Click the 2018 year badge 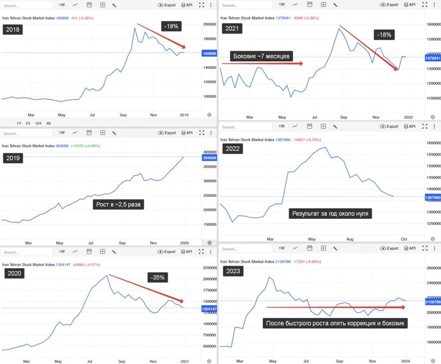click(13, 30)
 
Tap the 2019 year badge click(13, 158)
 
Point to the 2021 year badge click(232, 30)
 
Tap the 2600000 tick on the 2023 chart click(431, 267)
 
